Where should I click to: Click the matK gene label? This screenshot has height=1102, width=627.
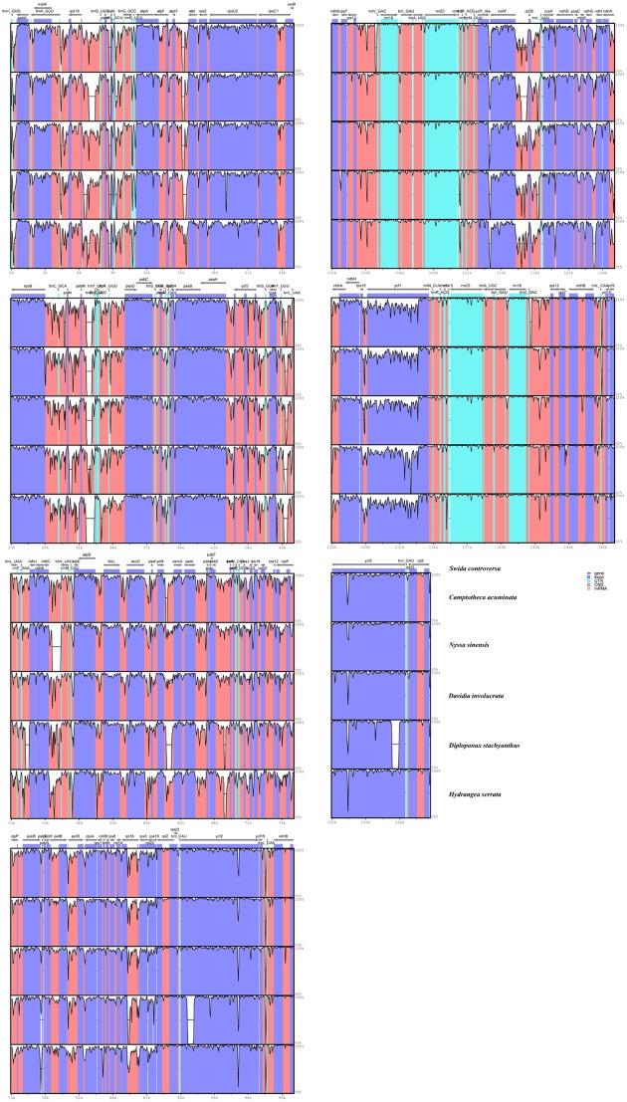(41, 5)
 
